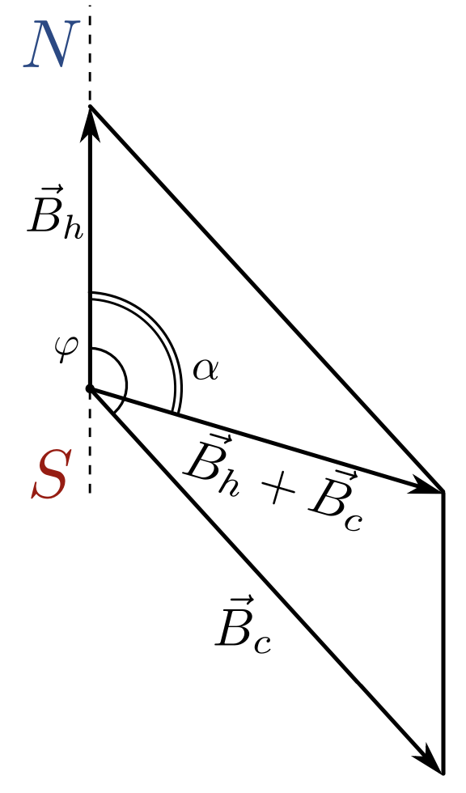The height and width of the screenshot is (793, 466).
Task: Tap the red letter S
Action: [x=49, y=476]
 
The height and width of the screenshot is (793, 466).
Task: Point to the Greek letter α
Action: [x=205, y=371]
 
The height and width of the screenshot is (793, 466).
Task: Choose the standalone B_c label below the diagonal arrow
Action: [x=243, y=624]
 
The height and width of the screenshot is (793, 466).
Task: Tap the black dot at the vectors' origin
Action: [x=90, y=389]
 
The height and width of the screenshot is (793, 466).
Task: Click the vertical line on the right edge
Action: [x=443, y=632]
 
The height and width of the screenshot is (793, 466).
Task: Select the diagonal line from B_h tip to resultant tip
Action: [x=266, y=299]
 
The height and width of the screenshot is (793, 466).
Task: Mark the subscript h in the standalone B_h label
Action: [x=73, y=227]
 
